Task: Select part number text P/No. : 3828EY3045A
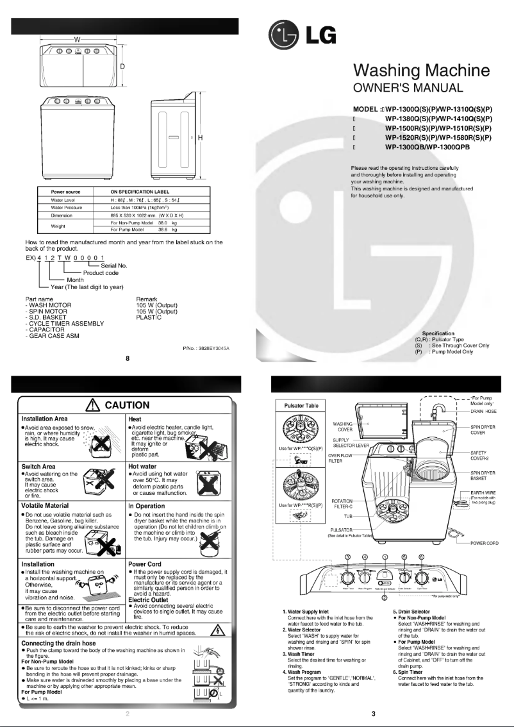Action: (x=206, y=347)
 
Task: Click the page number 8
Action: (x=128, y=358)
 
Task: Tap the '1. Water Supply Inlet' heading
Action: (x=310, y=612)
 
